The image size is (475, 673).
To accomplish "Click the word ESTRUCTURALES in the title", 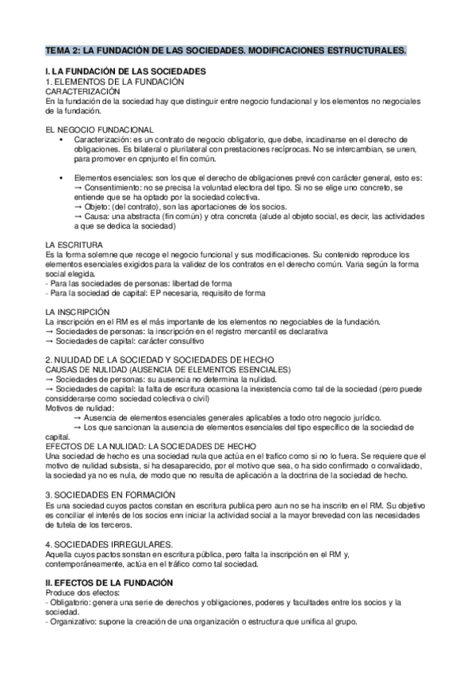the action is (x=366, y=51).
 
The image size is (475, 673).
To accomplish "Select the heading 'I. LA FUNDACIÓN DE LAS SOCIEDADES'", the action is (x=126, y=72).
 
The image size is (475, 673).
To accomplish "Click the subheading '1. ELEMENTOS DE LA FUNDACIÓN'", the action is (x=115, y=82).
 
